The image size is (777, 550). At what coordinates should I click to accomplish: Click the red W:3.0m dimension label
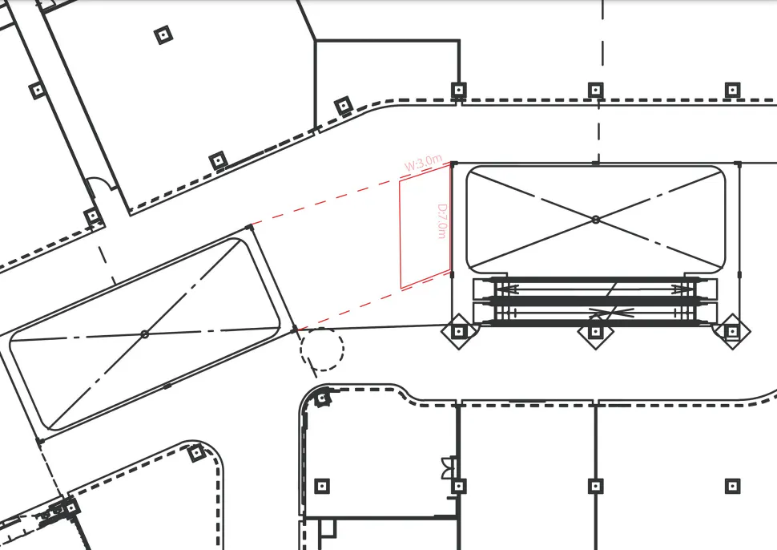click(x=423, y=163)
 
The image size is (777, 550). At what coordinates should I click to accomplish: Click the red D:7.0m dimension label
click(x=442, y=221)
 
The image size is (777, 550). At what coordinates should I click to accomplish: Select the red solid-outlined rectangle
click(x=425, y=226)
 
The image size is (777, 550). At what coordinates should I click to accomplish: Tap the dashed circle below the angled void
click(x=321, y=349)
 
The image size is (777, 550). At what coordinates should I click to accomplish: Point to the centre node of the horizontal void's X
click(x=596, y=219)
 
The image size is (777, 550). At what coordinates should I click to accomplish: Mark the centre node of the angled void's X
click(x=145, y=335)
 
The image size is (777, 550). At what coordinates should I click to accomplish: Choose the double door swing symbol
click(x=449, y=468)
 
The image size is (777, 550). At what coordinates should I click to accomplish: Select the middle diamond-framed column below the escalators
click(x=596, y=331)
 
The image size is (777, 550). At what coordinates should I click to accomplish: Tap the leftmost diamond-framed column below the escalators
click(x=459, y=331)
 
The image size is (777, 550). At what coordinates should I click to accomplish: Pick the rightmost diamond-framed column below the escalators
click(x=732, y=331)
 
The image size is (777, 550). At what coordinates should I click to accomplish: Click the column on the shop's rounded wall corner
click(x=323, y=398)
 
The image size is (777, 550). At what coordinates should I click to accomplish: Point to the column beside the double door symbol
click(x=459, y=486)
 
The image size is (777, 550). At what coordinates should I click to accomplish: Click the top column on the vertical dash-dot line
click(x=596, y=91)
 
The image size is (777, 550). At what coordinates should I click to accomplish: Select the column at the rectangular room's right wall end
click(x=459, y=91)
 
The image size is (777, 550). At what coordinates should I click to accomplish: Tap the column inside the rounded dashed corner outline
click(x=197, y=452)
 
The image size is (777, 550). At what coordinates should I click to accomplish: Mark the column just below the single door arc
click(x=92, y=216)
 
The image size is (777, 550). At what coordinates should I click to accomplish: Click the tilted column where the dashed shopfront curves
click(x=344, y=106)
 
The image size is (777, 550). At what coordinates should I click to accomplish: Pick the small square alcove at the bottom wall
click(x=328, y=528)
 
